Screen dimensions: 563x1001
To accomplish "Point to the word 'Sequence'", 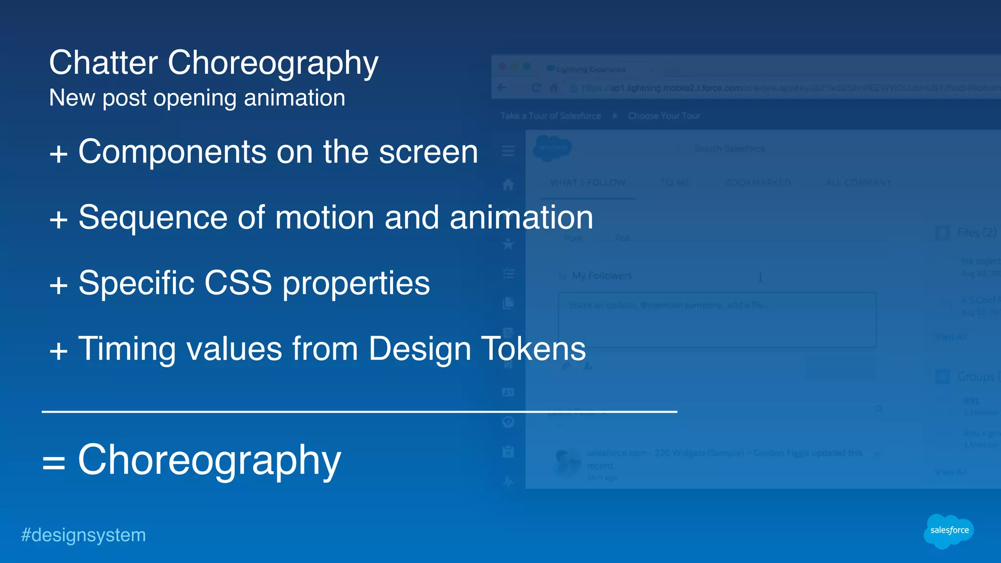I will click(152, 218).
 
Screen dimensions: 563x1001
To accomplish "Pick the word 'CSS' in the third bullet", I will click(238, 283).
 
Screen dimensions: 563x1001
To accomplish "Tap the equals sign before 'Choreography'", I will click(53, 462).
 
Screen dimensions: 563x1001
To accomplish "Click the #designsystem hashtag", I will click(84, 535).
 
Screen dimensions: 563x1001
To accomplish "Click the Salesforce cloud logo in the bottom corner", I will click(949, 531).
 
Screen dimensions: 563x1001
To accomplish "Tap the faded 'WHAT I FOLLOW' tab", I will click(588, 183).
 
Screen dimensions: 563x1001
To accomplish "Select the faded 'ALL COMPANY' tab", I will click(858, 183).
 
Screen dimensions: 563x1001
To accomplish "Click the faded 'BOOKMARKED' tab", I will click(758, 183).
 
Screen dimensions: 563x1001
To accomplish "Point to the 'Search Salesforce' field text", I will click(730, 148).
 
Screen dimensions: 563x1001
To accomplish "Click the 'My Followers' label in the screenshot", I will click(602, 276).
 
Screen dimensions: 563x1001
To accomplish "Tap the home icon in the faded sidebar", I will click(508, 185).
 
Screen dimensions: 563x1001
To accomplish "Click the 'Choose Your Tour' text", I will click(664, 116).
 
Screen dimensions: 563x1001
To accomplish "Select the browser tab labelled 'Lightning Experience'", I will click(590, 69).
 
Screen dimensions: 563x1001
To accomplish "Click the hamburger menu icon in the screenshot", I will click(508, 151).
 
